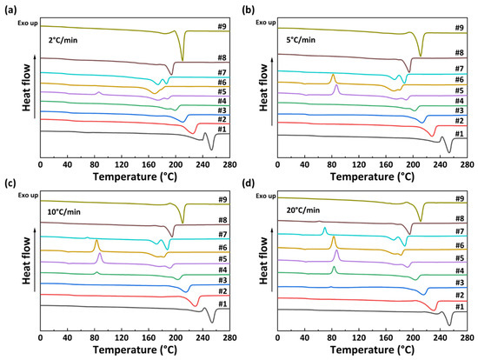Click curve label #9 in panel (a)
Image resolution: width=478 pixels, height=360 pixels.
[x=222, y=27]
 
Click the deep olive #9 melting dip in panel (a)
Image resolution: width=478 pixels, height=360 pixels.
[x=182, y=58]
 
